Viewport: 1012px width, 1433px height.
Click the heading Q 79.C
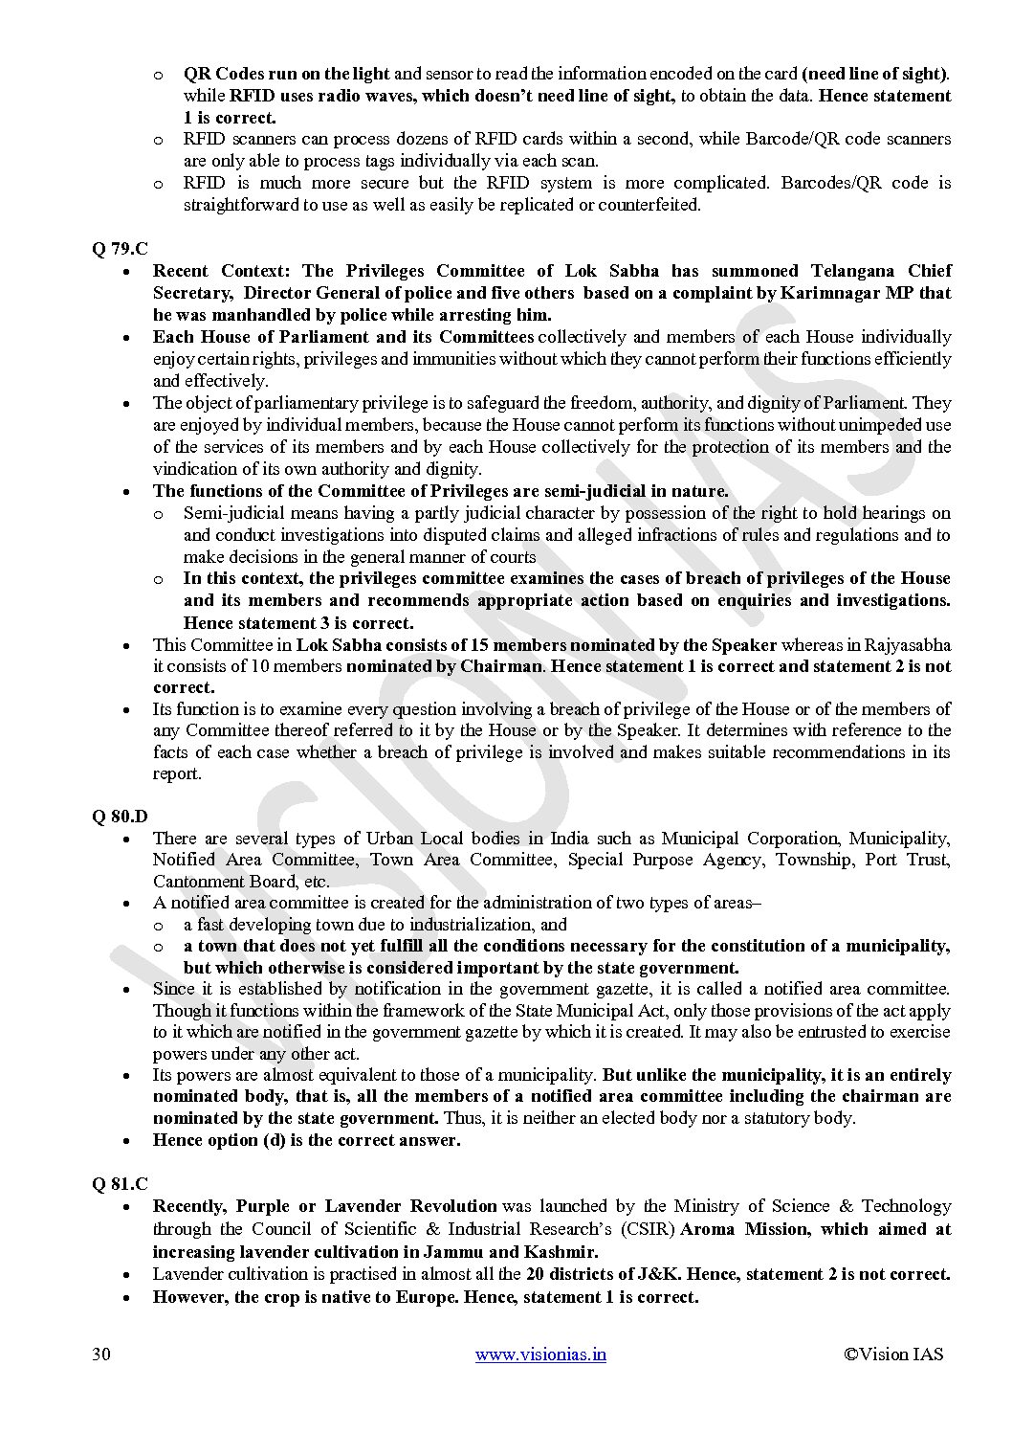[x=120, y=249]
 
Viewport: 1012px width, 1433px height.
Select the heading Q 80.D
[x=120, y=817]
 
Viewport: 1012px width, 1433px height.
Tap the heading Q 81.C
[x=120, y=1184]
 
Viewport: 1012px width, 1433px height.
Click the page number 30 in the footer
[x=100, y=1354]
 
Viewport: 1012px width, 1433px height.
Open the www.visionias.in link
[x=540, y=1354]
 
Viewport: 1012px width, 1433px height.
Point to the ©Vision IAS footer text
[x=893, y=1354]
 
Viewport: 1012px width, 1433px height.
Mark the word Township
[x=814, y=860]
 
